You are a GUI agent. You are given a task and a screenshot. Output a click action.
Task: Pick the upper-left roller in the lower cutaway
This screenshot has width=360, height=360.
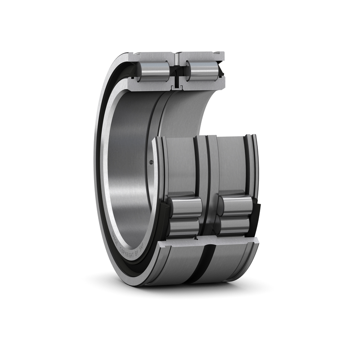[185, 207]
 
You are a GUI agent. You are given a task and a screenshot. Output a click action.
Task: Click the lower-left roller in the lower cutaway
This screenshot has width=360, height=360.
[184, 227]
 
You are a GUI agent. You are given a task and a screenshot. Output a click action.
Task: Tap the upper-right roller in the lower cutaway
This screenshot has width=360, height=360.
[234, 206]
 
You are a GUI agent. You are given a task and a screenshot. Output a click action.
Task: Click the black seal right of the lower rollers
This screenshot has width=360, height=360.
[255, 220]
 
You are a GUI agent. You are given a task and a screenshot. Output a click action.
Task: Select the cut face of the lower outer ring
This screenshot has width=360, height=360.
[207, 243]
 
